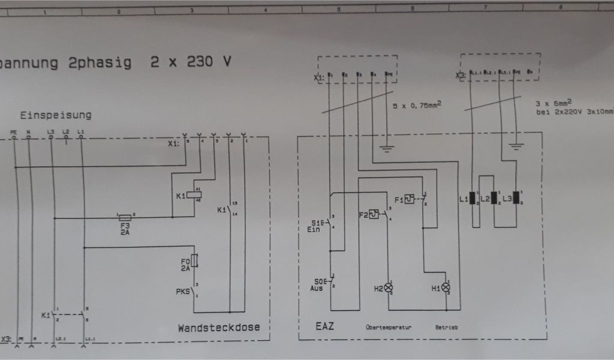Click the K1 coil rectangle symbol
[x=194, y=194]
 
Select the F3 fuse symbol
[x=125, y=217]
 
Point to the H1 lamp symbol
[x=445, y=287]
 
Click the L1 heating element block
[x=472, y=197]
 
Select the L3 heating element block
[x=516, y=197]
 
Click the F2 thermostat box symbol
[x=374, y=214]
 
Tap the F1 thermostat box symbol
[x=409, y=199]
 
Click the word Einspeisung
[x=56, y=115]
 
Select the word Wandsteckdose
[x=219, y=328]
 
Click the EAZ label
[x=324, y=327]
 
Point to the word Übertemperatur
[x=388, y=328]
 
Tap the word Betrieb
[x=447, y=328]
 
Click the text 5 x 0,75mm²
[x=417, y=105]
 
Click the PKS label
[x=182, y=292]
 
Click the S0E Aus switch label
[x=318, y=284]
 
